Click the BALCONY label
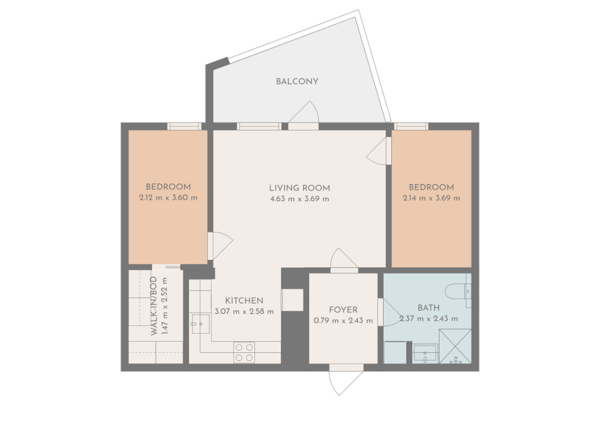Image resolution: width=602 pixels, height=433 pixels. (297, 81)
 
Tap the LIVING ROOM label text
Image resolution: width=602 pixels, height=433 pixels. (299, 188)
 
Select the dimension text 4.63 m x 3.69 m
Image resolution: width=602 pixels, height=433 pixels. (299, 198)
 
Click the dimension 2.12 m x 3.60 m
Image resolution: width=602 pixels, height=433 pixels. (168, 197)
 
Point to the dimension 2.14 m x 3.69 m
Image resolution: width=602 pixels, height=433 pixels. (431, 198)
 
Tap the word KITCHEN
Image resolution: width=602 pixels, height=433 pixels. (244, 300)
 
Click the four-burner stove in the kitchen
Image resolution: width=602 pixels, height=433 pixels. (244, 351)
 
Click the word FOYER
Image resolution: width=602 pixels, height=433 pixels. (343, 310)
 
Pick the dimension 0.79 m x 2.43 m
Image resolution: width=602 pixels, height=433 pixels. (343, 320)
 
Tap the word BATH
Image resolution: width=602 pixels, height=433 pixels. (428, 308)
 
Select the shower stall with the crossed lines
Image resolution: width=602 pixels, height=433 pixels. (455, 346)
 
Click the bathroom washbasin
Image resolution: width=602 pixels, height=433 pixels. (426, 355)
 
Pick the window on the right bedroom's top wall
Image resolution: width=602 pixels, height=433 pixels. (411, 126)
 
